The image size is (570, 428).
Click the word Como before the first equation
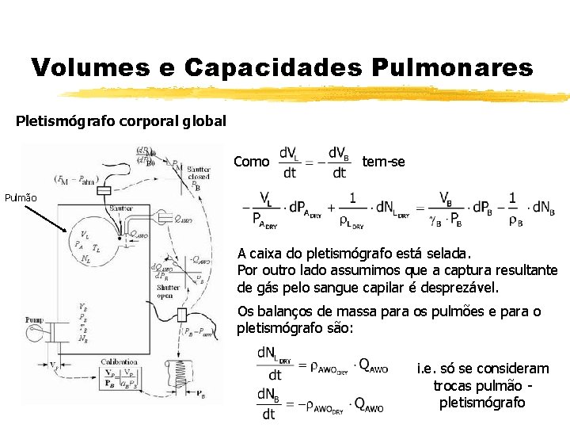pyautogui.click(x=252, y=162)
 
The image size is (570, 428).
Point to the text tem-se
pyautogui.click(x=383, y=162)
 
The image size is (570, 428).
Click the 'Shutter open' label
pyautogui.click(x=165, y=291)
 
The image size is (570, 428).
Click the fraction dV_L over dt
pyautogui.click(x=289, y=162)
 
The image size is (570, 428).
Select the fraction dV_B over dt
pyautogui.click(x=338, y=162)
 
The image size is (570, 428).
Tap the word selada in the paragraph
pyautogui.click(x=450, y=254)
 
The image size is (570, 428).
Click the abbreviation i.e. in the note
pyautogui.click(x=425, y=369)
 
